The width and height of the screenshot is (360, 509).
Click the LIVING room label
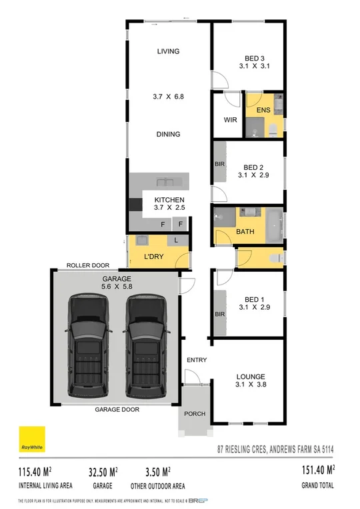169,51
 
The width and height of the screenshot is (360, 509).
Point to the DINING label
168,134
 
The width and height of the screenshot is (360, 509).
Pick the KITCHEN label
169,200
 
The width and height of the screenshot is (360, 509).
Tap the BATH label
245,232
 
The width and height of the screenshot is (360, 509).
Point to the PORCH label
195,414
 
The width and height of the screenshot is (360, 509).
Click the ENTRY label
197,360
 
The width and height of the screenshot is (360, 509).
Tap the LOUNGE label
250,376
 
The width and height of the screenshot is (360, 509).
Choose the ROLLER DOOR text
87,265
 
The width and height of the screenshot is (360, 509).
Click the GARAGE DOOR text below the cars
117,410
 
